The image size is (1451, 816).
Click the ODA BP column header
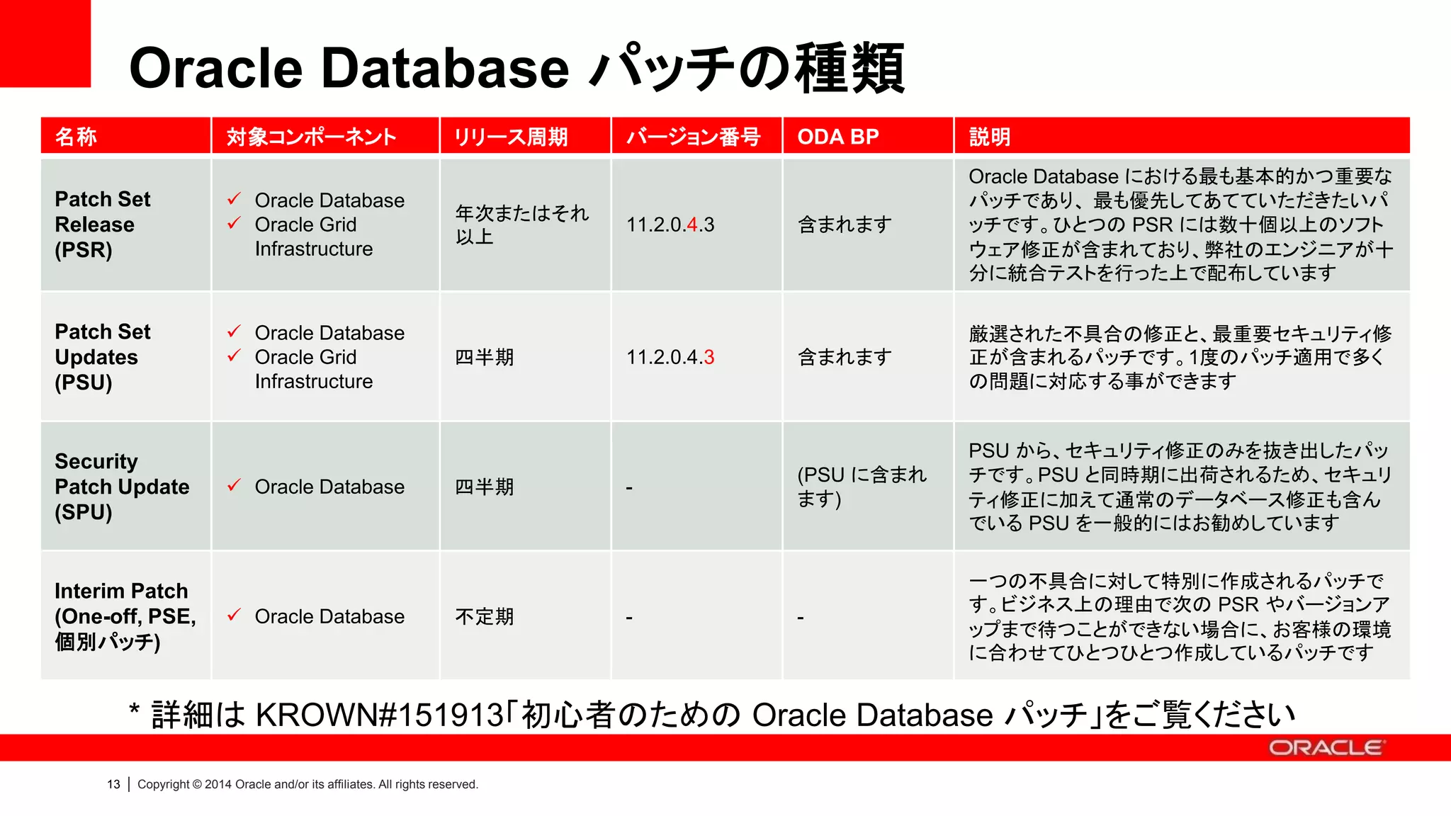[x=837, y=136]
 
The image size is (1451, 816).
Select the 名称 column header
[x=76, y=136]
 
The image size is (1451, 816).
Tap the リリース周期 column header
[x=511, y=136]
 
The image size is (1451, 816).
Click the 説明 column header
[x=989, y=136]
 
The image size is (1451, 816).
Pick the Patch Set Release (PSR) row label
[x=103, y=225]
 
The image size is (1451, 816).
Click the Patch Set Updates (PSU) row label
[x=103, y=357]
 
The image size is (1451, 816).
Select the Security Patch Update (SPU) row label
[x=122, y=487]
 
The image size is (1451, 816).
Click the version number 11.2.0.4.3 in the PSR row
[x=670, y=225]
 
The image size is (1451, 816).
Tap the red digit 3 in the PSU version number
[x=709, y=358]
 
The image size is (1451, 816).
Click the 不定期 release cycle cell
[x=484, y=617]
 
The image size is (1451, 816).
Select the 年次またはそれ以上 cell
[x=521, y=225]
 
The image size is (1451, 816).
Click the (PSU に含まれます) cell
[x=862, y=487]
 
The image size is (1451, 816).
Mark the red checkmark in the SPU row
[x=235, y=486]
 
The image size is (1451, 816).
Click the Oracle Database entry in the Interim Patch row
[x=329, y=617]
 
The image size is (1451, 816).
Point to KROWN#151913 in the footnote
[x=379, y=715]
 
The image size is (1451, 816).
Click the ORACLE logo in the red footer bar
[x=1326, y=748]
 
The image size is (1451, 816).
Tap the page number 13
[x=113, y=784]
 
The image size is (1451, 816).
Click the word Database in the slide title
[x=446, y=69]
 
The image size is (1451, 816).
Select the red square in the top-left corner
[x=45, y=42]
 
